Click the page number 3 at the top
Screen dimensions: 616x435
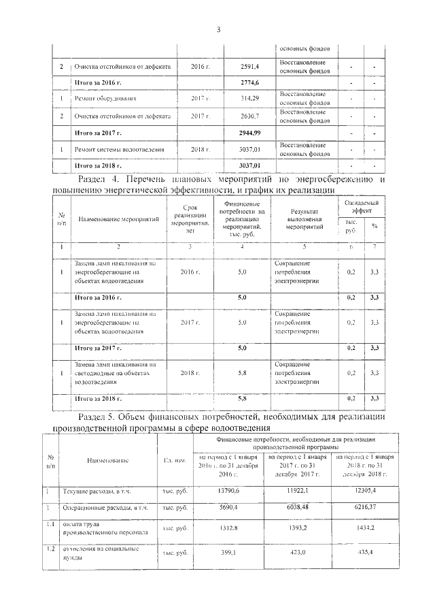click(x=218, y=29)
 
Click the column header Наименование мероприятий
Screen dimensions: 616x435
click(x=118, y=219)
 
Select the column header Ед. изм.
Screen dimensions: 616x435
click(x=175, y=461)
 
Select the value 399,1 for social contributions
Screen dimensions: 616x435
click(x=228, y=552)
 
